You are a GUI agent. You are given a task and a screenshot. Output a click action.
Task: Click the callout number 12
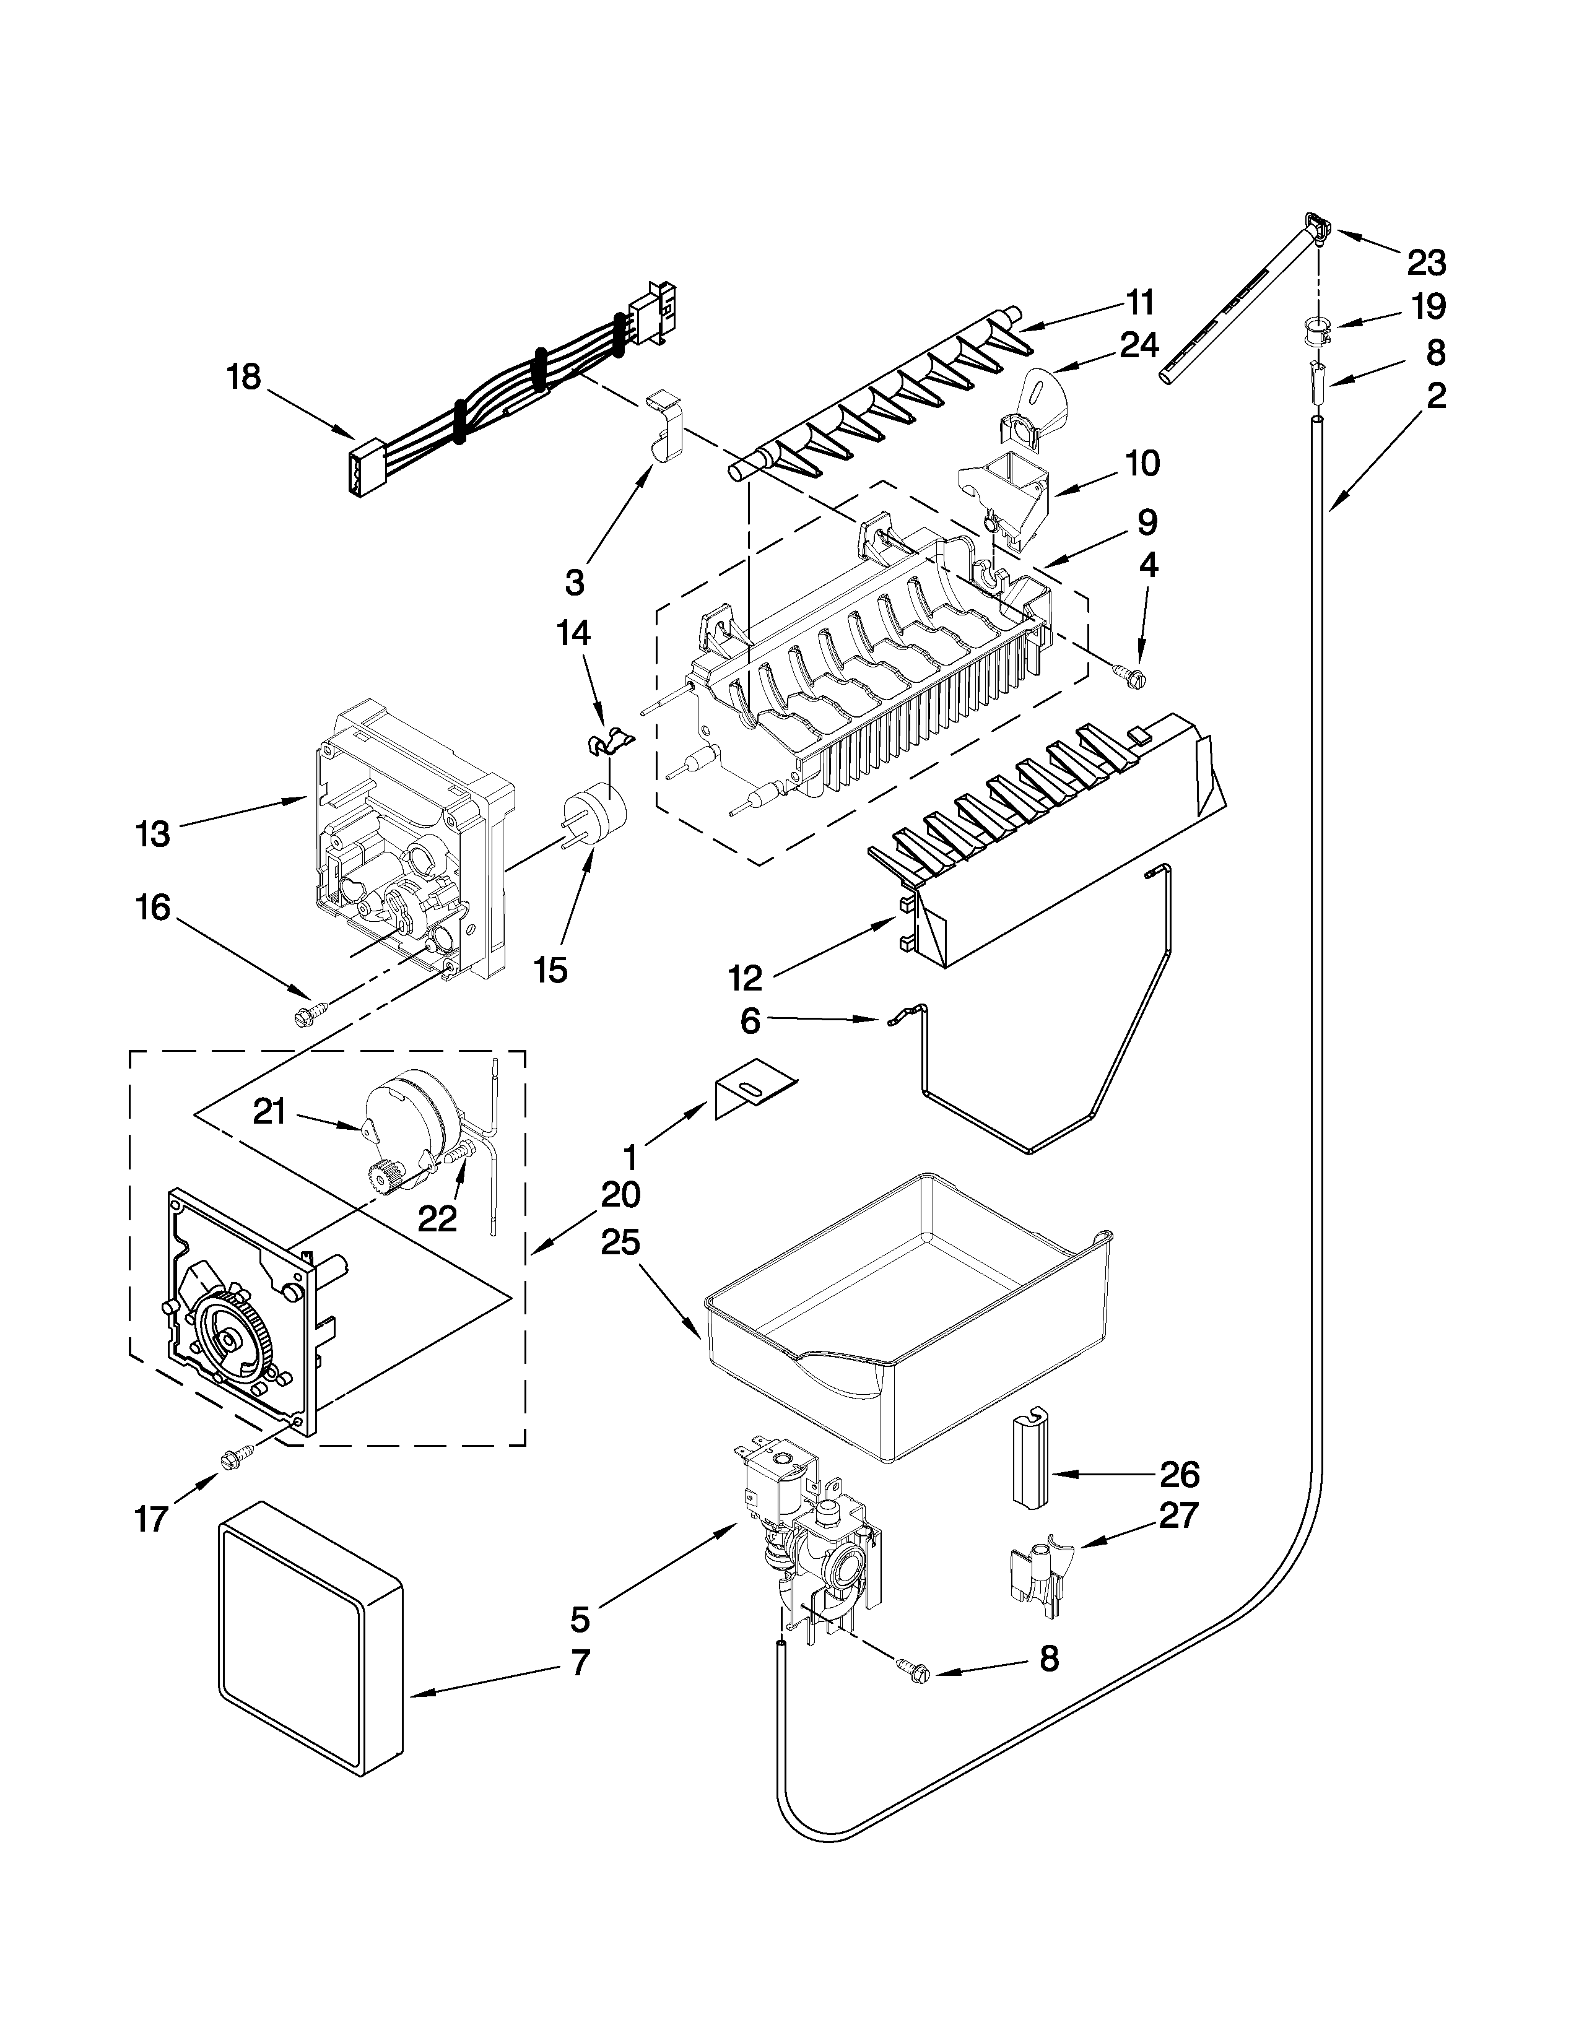point(746,978)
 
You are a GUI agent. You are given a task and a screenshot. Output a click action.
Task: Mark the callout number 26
point(1178,1475)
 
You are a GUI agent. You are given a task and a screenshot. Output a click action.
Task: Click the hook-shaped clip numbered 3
point(664,432)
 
